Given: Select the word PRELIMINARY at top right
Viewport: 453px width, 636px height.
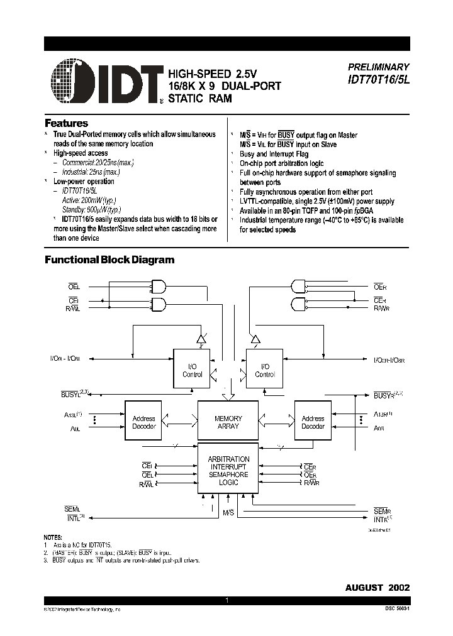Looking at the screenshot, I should (x=378, y=67).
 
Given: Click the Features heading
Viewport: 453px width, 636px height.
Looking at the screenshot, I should (x=66, y=123).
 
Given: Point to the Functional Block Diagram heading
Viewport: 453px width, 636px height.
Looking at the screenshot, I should (x=109, y=260).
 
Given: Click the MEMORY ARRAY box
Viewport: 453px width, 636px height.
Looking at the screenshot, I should (x=228, y=422).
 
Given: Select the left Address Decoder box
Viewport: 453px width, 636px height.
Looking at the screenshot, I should (x=144, y=422).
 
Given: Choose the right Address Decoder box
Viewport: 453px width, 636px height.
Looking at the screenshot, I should (x=313, y=422).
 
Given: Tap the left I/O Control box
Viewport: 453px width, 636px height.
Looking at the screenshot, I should (x=192, y=370).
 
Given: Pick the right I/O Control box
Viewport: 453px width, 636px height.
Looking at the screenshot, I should (x=265, y=370).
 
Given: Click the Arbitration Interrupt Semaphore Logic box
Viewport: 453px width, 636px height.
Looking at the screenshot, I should (x=228, y=471).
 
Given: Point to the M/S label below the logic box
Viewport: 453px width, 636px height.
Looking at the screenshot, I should (x=229, y=513).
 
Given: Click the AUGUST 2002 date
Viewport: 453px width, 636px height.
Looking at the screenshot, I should (x=377, y=587).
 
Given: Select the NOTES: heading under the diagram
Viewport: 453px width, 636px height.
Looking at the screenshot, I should (x=53, y=538).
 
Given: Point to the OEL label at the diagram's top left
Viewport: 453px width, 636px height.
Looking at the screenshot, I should (x=74, y=287).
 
